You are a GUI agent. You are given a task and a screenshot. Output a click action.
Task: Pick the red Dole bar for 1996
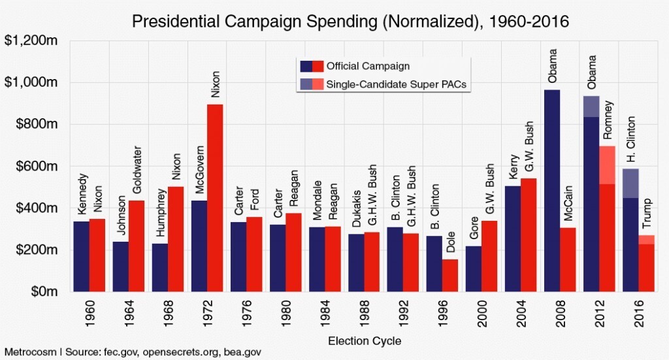pyautogui.click(x=450, y=275)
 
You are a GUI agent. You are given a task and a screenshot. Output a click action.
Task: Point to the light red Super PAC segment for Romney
pyautogui.click(x=607, y=165)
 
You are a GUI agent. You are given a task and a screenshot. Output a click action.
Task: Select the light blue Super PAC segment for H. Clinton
pyautogui.click(x=630, y=183)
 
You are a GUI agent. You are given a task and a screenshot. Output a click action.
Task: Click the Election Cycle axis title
pyautogui.click(x=364, y=340)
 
